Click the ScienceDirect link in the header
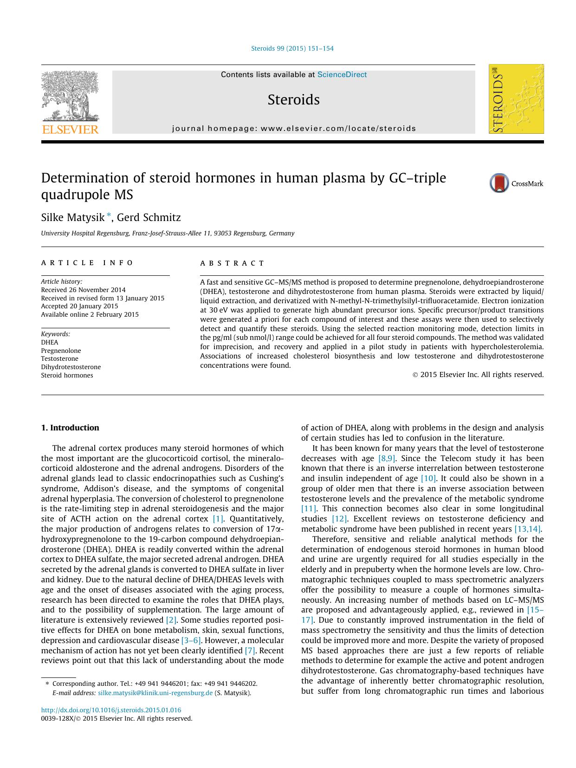342,75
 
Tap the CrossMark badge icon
499,183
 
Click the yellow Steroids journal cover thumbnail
516,99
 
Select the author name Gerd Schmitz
149,217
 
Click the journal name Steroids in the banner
293,100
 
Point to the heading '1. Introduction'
70,428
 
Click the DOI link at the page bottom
111,710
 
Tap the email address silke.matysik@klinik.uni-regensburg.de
155,693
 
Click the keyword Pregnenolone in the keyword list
61,351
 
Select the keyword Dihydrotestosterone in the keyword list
71,367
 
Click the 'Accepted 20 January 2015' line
79,306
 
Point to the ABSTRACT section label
232,263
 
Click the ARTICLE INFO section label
87,263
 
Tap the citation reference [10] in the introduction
428,478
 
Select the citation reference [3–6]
191,640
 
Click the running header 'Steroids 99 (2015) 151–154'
292,48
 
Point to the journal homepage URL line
294,129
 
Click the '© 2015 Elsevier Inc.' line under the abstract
478,375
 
